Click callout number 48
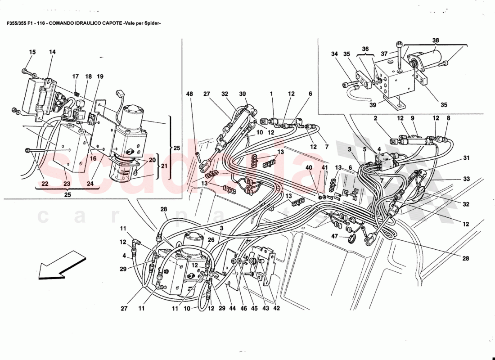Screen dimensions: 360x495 click(189, 94)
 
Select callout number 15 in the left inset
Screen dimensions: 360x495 click(32, 52)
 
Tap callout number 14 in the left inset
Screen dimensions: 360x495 click(52, 52)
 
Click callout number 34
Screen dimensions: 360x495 click(334, 54)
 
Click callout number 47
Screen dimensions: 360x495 click(334, 236)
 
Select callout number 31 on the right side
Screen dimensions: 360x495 click(466, 157)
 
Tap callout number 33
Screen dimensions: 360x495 click(466, 179)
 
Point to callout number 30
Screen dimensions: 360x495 click(243, 94)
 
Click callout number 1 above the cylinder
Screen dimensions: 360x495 click(272, 94)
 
